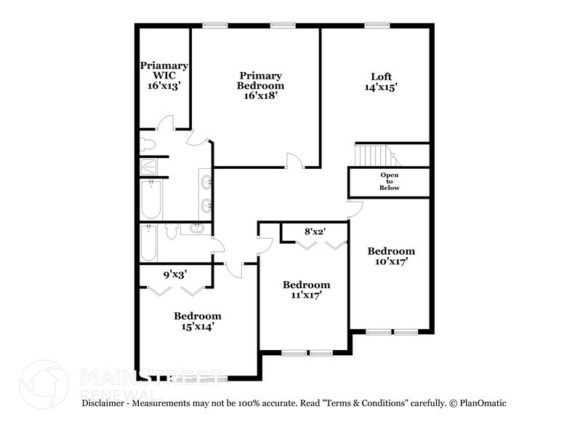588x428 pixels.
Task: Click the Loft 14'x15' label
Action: (381, 82)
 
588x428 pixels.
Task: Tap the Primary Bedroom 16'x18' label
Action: (260, 85)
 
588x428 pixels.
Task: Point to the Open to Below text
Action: (390, 182)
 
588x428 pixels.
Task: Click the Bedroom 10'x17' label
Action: (391, 257)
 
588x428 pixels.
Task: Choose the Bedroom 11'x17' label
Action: (306, 290)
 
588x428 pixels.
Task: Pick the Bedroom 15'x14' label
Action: (197, 321)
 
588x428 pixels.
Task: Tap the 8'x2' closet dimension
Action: (314, 231)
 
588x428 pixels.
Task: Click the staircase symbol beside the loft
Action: (371, 155)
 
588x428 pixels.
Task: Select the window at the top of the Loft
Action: (377, 26)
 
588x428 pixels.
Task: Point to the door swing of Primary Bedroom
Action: (294, 161)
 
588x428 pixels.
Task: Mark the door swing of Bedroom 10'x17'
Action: (354, 210)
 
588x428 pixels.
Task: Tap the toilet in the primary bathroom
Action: (148, 143)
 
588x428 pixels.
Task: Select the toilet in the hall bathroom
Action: (171, 231)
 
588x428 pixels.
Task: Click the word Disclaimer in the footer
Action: (105, 403)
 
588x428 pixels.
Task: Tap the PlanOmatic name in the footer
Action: (480, 403)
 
